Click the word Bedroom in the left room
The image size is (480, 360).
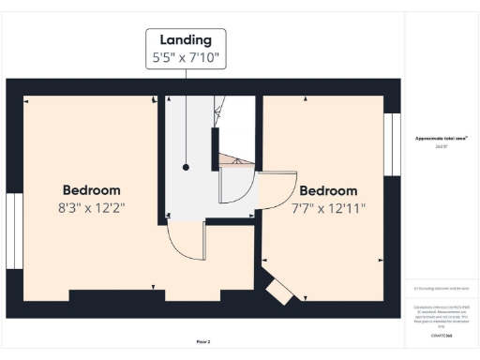point(92,189)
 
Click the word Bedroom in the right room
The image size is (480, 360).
point(328,190)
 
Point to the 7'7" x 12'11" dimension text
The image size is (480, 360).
point(328,207)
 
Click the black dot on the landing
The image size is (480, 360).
point(187,167)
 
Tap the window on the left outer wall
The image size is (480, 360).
point(13,231)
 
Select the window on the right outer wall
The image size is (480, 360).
point(392,144)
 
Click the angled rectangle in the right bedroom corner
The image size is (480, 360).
point(279,292)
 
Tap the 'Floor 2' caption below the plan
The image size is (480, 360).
point(203,342)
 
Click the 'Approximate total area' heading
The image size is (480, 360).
point(442,139)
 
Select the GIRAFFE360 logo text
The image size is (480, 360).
point(442,335)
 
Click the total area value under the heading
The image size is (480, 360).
point(442,147)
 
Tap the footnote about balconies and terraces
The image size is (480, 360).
point(442,289)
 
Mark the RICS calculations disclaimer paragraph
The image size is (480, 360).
point(442,314)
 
